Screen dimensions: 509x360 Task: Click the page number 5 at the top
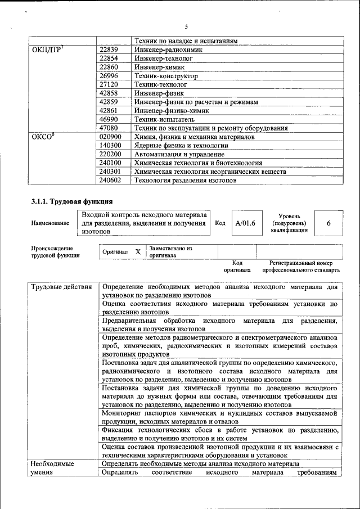[x=186, y=26]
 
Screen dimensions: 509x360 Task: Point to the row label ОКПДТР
[x=48, y=49]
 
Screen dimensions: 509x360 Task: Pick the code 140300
[x=110, y=145]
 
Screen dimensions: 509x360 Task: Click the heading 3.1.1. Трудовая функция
[x=72, y=201]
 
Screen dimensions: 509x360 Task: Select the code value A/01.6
[x=245, y=223]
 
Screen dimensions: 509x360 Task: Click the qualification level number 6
[x=328, y=223]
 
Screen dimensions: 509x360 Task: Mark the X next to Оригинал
[x=137, y=252]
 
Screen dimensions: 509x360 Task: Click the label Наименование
[x=51, y=223]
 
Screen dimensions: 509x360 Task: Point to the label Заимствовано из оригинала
[x=171, y=251]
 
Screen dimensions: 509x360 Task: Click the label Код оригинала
[x=237, y=266]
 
